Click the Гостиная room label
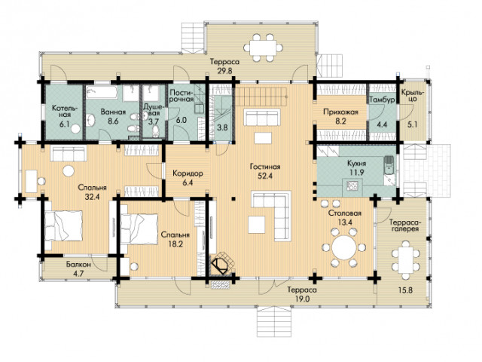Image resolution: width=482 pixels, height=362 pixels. coord(265,167)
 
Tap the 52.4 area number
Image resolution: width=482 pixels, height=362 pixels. coord(265,176)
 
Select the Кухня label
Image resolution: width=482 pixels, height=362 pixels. coord(356,163)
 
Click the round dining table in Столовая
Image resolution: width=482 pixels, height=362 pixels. coord(344,247)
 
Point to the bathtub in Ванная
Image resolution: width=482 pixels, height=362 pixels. coord(102,92)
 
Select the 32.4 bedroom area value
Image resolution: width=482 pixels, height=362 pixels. coord(92,197)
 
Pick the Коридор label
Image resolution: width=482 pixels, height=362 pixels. coord(188,173)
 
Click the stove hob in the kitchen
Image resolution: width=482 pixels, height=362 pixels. coord(352,185)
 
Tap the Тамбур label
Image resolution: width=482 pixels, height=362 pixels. coord(382,100)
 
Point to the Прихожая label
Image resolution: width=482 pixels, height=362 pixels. coord(340,112)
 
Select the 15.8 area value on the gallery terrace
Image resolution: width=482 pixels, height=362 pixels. coord(405,290)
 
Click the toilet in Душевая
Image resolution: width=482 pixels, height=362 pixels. coord(156,131)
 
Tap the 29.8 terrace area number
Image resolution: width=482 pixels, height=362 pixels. coord(224,70)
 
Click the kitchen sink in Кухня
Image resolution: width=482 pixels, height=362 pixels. coord(389,163)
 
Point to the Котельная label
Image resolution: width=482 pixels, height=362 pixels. coord(66,112)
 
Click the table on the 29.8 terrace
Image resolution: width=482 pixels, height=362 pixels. coord(262,48)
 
